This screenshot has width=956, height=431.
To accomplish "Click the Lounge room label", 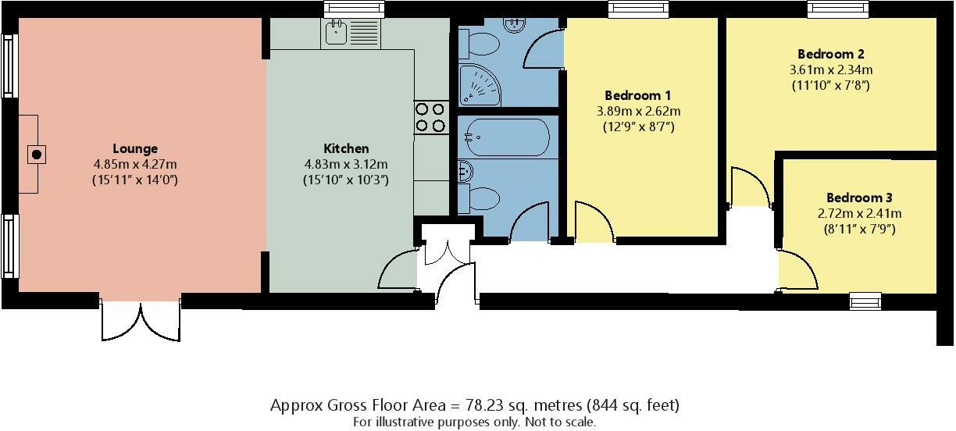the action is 135,148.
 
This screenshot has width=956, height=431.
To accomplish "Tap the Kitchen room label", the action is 346,148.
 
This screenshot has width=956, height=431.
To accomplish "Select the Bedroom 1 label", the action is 637,95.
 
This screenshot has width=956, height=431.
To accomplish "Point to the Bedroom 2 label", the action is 830,54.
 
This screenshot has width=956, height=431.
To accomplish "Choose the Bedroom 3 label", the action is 859,198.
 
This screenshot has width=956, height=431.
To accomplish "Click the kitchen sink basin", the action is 336,33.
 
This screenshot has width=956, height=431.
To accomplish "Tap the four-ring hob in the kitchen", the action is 430,117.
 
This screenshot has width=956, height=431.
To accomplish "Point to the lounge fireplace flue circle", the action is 37,155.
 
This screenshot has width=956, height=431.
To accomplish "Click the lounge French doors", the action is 141,319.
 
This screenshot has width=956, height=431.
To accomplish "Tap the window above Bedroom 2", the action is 838,9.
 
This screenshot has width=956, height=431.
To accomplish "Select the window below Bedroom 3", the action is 865,301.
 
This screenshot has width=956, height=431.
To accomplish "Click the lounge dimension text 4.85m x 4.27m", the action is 135,164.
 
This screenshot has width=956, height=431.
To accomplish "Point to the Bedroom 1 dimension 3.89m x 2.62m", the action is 638,112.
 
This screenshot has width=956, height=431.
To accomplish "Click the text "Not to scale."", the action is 560,422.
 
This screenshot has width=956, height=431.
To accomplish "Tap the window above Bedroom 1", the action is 638,9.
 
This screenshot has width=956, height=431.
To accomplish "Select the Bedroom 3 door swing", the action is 797,269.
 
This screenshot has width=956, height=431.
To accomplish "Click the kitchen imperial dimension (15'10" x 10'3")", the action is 346,180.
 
